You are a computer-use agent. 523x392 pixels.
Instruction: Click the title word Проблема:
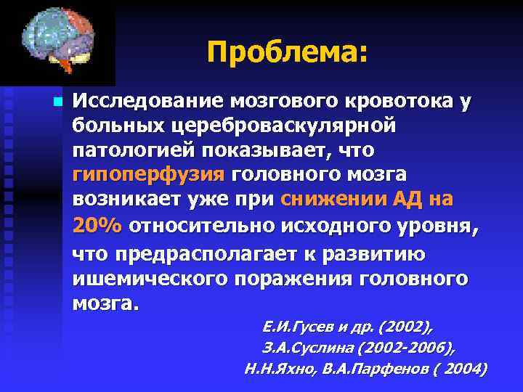[288, 52]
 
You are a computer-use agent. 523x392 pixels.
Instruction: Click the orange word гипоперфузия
[148, 176]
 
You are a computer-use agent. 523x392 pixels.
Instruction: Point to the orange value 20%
[97, 226]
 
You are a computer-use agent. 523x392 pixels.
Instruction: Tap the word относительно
[198, 226]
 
